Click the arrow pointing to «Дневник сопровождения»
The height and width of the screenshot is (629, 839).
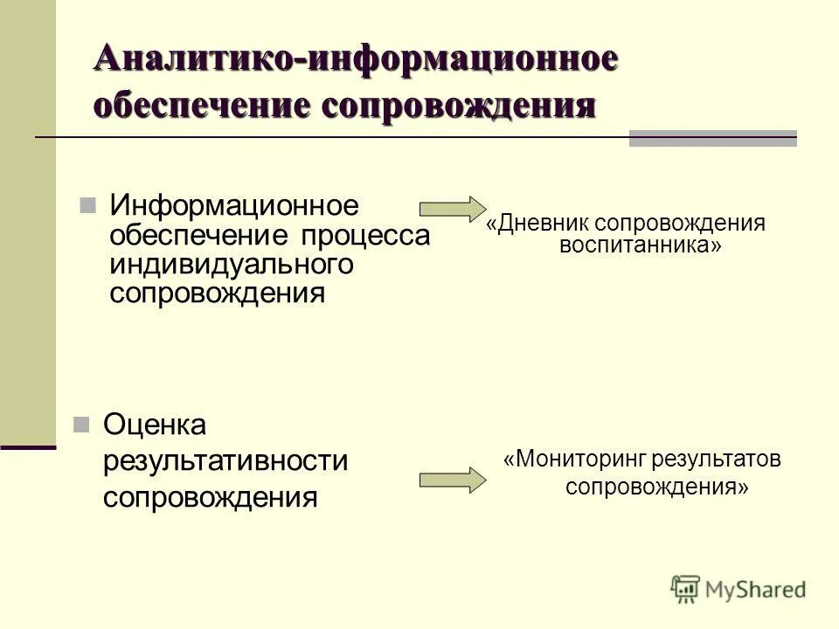click(452, 209)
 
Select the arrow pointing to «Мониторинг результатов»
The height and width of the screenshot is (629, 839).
click(452, 480)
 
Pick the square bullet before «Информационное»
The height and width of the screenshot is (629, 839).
click(87, 206)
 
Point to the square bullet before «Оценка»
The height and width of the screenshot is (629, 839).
click(81, 425)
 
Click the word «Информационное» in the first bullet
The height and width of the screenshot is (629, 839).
click(234, 207)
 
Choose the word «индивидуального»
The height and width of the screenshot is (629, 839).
click(231, 264)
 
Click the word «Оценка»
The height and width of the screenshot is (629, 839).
click(155, 425)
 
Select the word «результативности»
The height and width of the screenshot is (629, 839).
click(225, 460)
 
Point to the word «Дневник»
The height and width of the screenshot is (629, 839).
click(538, 223)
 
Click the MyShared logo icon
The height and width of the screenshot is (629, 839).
click(686, 589)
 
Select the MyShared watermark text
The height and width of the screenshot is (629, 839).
click(755, 590)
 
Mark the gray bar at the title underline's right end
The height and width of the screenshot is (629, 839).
click(713, 138)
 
